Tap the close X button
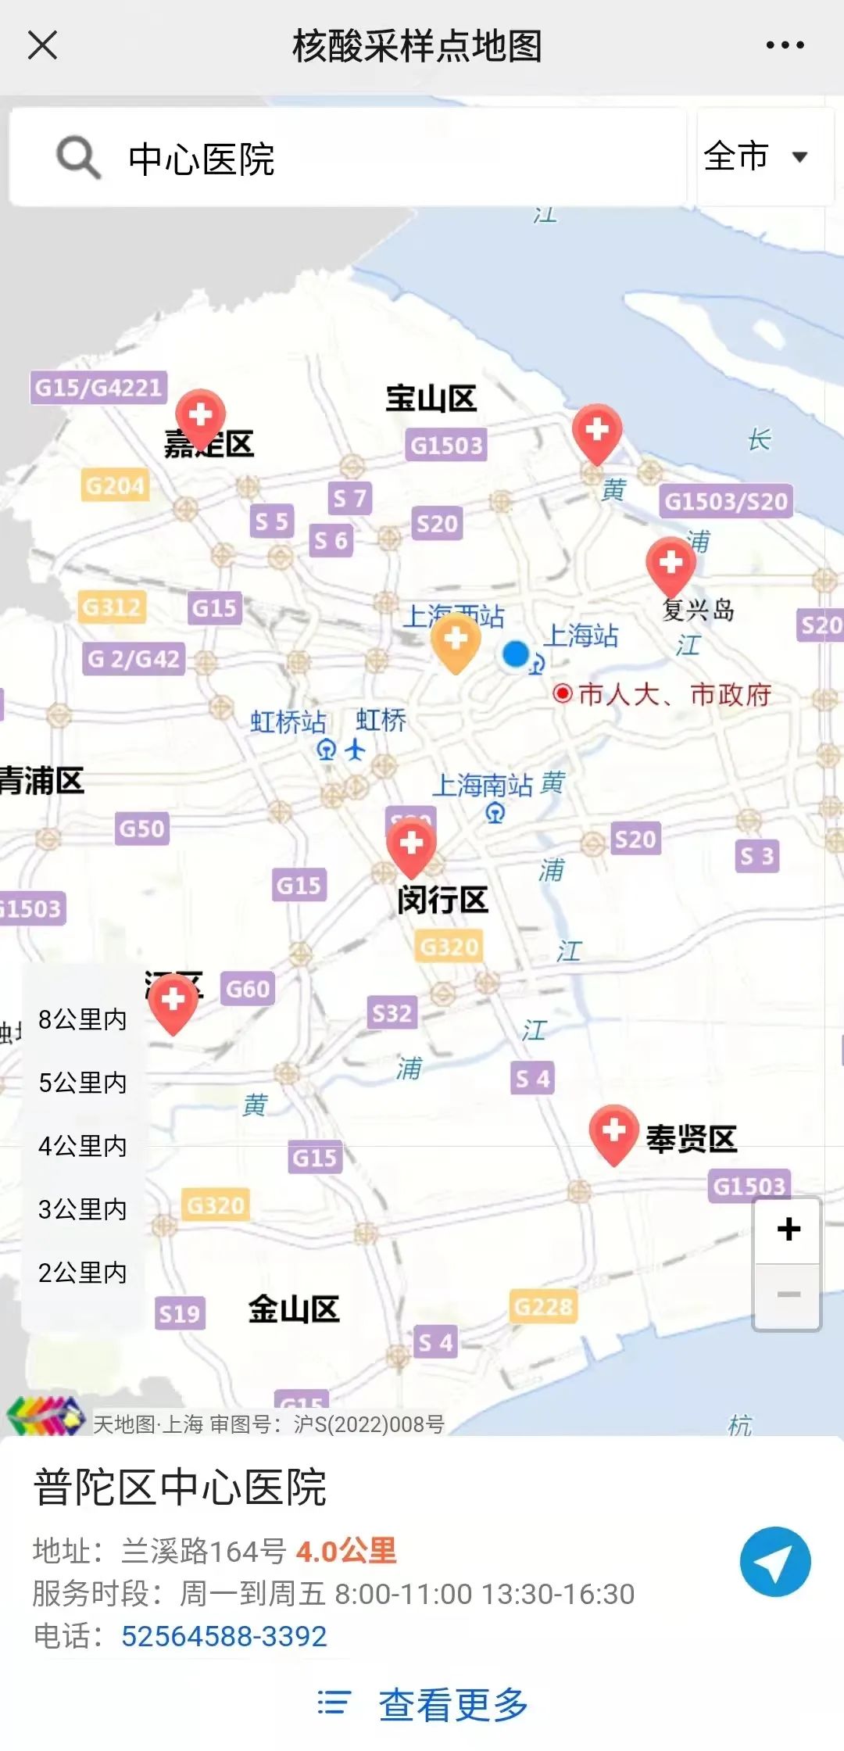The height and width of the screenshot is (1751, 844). pos(42,45)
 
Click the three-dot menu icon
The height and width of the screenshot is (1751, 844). pos(785,45)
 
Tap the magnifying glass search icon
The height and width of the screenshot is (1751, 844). pos(78,157)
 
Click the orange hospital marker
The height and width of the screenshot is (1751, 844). pos(456,641)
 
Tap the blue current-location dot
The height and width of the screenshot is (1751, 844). pos(516,654)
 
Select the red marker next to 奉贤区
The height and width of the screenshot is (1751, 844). pos(613,1133)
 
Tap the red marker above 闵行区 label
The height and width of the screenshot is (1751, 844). pos(411,847)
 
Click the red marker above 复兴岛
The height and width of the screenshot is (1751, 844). pos(671,565)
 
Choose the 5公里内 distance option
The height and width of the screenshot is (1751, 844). pos(83,1083)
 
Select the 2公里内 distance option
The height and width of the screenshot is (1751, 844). pos(83,1273)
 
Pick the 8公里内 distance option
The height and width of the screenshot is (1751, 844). pos(83,1019)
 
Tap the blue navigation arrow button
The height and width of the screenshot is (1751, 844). pos(775,1561)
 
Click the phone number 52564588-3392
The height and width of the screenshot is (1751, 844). pos(224,1636)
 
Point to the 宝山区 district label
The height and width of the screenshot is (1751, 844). pos(431,399)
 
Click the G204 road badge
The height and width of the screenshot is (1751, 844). pos(115,485)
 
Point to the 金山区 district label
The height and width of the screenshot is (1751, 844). pos(294,1309)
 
